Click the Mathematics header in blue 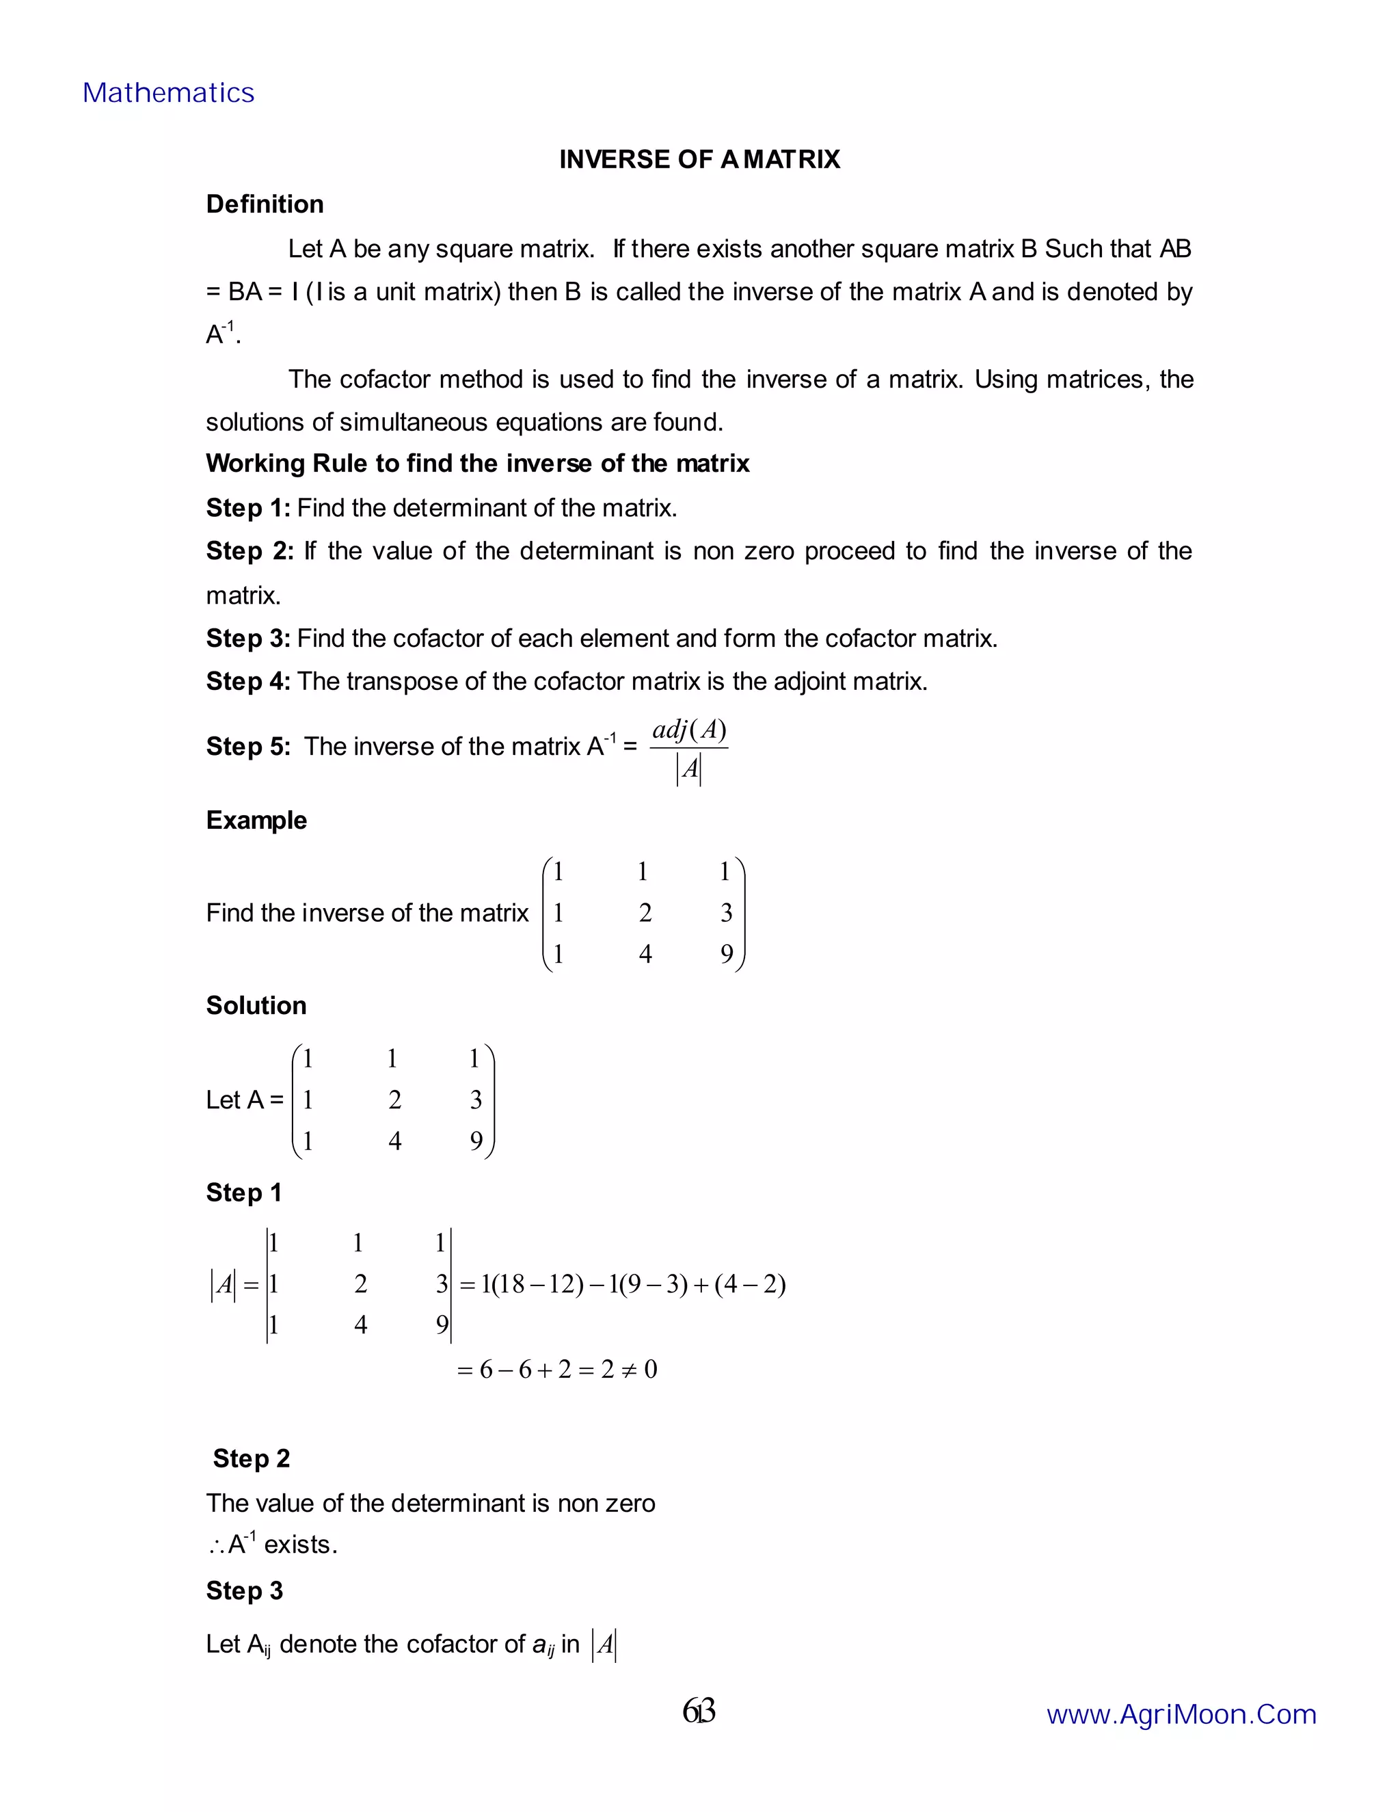point(168,93)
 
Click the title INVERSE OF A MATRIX point(699,159)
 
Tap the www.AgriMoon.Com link point(1181,1714)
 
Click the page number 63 point(699,1711)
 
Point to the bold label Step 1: point(248,508)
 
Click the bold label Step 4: point(248,681)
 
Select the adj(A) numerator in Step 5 point(689,730)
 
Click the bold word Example point(256,820)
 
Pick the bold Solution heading point(256,1006)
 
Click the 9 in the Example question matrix point(727,954)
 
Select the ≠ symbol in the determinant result point(629,1369)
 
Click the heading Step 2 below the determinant point(252,1458)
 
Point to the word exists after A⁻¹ point(299,1545)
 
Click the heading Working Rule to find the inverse point(477,463)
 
